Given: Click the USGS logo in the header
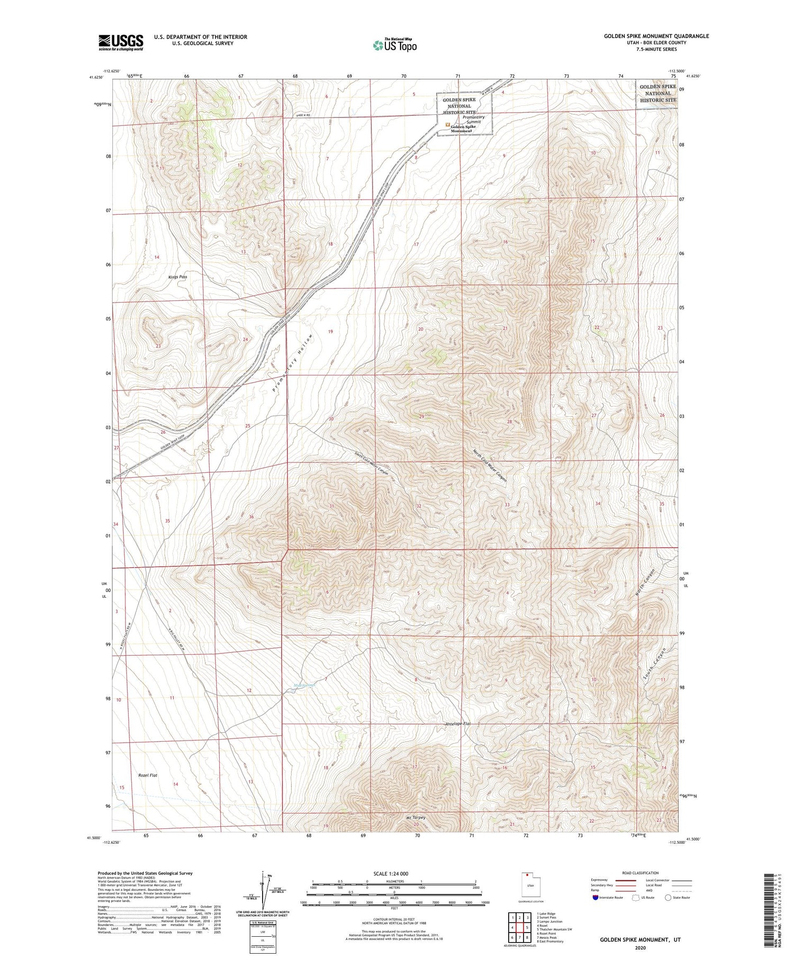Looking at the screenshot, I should click(121, 42).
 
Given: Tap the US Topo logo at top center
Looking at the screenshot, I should click(394, 45).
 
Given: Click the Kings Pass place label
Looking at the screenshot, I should click(177, 277).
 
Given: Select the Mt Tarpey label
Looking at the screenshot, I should click(416, 817).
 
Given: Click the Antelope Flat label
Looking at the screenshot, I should click(458, 724).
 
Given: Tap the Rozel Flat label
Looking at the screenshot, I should click(148, 775).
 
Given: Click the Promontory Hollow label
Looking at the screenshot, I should click(293, 363).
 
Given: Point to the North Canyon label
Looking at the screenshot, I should click(645, 583).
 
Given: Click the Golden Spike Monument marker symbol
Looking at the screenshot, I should click(447, 125).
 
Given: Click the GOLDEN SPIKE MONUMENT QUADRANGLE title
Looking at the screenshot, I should click(656, 36).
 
